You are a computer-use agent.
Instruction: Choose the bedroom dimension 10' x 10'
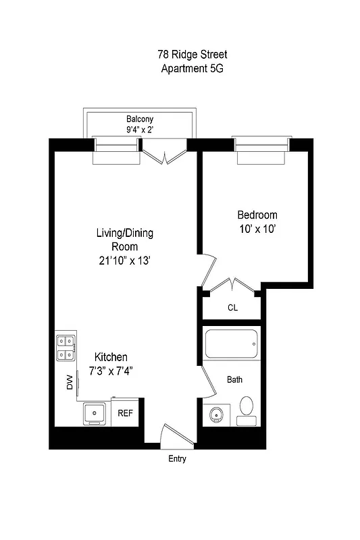tap(256, 230)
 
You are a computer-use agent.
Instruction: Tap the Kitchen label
tap(111, 357)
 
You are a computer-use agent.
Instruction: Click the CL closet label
tap(232, 308)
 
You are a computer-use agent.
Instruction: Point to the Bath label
tap(234, 380)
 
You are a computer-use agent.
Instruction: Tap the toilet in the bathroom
tap(246, 410)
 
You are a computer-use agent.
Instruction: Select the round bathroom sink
tap(217, 414)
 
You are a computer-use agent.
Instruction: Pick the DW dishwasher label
tap(69, 383)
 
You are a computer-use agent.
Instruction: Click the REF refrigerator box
tap(126, 413)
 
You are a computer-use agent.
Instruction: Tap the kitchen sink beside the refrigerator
tap(94, 412)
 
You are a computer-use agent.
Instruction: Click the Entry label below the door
tap(176, 459)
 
